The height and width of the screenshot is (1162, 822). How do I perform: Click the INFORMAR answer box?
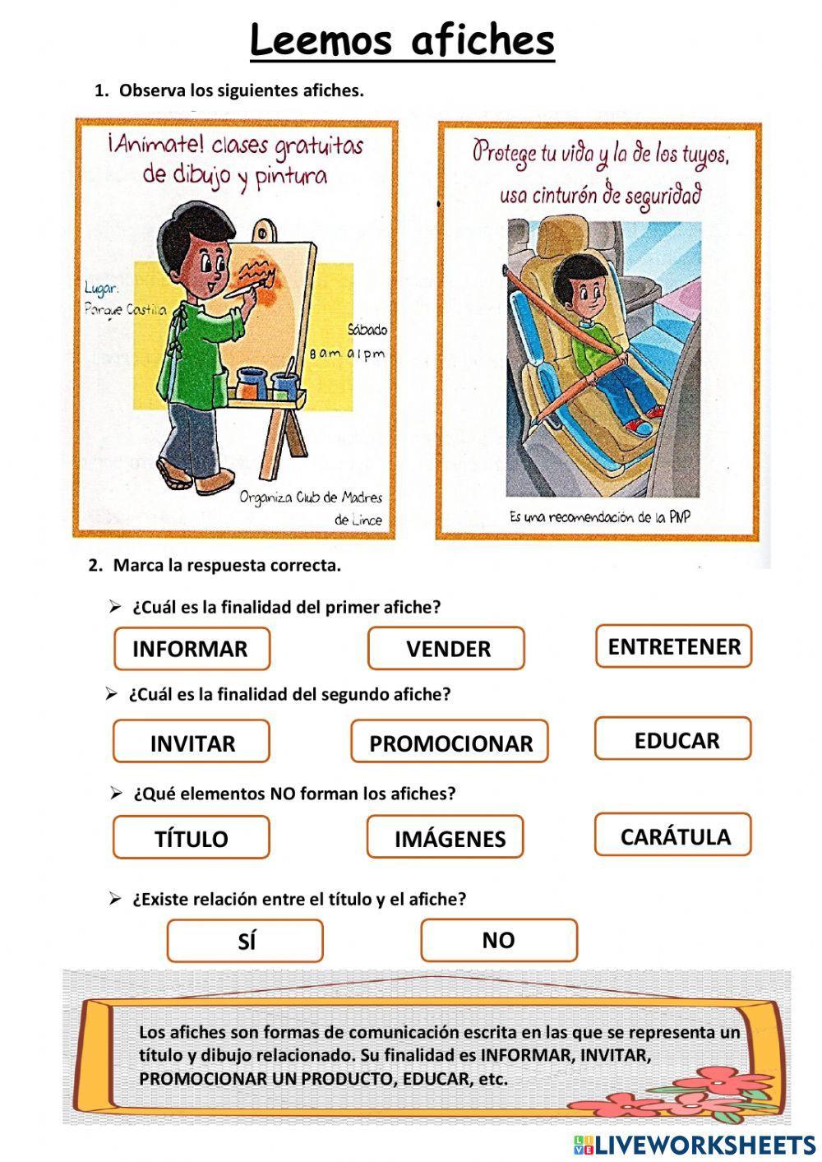(191, 649)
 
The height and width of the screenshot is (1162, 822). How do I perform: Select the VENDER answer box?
(446, 649)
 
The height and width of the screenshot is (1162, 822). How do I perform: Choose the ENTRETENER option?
(673, 646)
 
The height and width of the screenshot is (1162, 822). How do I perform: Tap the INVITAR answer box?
(191, 743)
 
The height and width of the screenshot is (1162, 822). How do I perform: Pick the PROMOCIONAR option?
(450, 743)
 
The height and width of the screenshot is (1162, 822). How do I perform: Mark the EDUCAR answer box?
(673, 739)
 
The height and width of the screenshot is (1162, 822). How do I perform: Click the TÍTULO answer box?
(191, 838)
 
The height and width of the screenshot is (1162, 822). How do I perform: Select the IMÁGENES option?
(446, 838)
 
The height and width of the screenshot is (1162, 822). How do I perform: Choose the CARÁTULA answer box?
(673, 836)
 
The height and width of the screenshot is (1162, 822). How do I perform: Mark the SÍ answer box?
(245, 942)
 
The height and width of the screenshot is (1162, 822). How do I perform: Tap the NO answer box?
(499, 940)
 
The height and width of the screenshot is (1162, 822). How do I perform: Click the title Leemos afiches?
(402, 40)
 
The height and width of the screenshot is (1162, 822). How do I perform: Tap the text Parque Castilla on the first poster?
(125, 309)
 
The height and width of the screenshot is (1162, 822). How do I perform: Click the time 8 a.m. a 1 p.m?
(347, 354)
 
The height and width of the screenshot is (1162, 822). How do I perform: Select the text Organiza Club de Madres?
(311, 498)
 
